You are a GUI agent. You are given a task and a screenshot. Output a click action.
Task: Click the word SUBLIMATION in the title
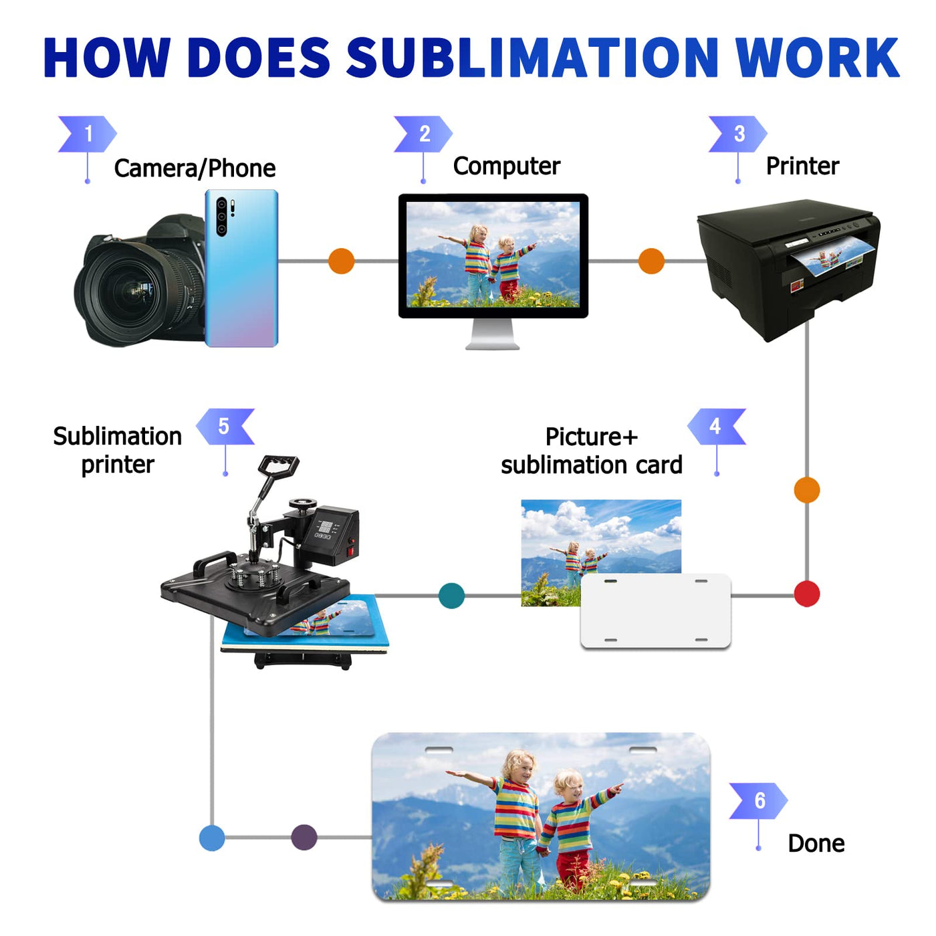(x=532, y=57)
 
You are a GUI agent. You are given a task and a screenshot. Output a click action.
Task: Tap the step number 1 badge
(x=87, y=134)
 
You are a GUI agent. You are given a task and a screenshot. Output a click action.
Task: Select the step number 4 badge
(x=716, y=427)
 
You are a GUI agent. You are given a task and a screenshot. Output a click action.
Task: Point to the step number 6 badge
(x=759, y=800)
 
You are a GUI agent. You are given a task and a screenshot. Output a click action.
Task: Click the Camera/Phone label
(x=195, y=168)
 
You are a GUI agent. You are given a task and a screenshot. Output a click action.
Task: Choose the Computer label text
(x=506, y=166)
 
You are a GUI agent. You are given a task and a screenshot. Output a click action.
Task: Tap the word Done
(x=816, y=843)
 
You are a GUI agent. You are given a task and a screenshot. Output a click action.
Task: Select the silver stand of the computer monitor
(x=493, y=334)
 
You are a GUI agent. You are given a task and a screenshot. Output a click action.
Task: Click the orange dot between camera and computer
(x=341, y=261)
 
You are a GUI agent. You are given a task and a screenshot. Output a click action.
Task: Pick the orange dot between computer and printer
(x=651, y=261)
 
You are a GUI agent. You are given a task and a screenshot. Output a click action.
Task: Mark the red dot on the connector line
(x=807, y=594)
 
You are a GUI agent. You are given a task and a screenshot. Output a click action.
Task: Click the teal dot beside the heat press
(x=451, y=595)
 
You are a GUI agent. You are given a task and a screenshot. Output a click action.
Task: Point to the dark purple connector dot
(x=304, y=837)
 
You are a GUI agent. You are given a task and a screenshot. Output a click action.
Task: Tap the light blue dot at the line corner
(x=212, y=838)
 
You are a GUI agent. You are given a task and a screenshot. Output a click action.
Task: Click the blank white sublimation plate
(x=655, y=612)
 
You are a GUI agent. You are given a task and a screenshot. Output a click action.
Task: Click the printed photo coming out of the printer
(x=832, y=257)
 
